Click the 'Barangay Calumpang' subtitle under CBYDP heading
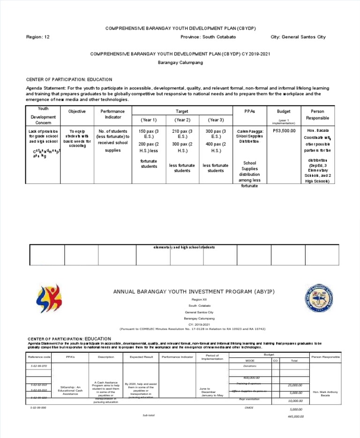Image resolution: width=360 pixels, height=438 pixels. [180, 63]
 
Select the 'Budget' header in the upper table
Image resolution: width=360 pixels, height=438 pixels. [284, 112]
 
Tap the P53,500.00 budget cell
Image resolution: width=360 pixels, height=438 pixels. [284, 130]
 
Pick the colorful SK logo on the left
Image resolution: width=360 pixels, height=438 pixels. [47, 301]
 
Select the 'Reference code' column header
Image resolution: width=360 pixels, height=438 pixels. [39, 357]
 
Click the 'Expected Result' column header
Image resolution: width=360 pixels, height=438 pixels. [141, 357]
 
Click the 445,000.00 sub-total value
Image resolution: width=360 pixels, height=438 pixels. [296, 416]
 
